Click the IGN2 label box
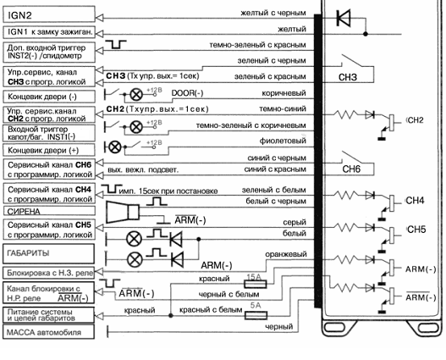[x=49, y=14]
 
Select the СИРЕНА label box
[x=49, y=211]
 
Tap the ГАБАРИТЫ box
[x=48, y=253]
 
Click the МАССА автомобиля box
[x=48, y=332]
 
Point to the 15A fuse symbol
[x=256, y=284]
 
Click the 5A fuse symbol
[x=256, y=315]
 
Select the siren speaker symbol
[x=123, y=212]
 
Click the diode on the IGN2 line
[x=344, y=18]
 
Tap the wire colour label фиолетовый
[x=283, y=141]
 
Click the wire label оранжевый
[x=286, y=254]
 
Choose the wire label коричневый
[x=284, y=93]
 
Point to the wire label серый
[x=295, y=222]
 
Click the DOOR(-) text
[x=187, y=93]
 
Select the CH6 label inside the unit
[x=351, y=169]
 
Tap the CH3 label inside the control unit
[x=348, y=77]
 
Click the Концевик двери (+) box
[x=49, y=150]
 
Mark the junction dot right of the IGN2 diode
[x=366, y=34]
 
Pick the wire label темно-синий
[x=283, y=108]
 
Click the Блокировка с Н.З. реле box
[x=48, y=273]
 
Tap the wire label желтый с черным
[x=273, y=13]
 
